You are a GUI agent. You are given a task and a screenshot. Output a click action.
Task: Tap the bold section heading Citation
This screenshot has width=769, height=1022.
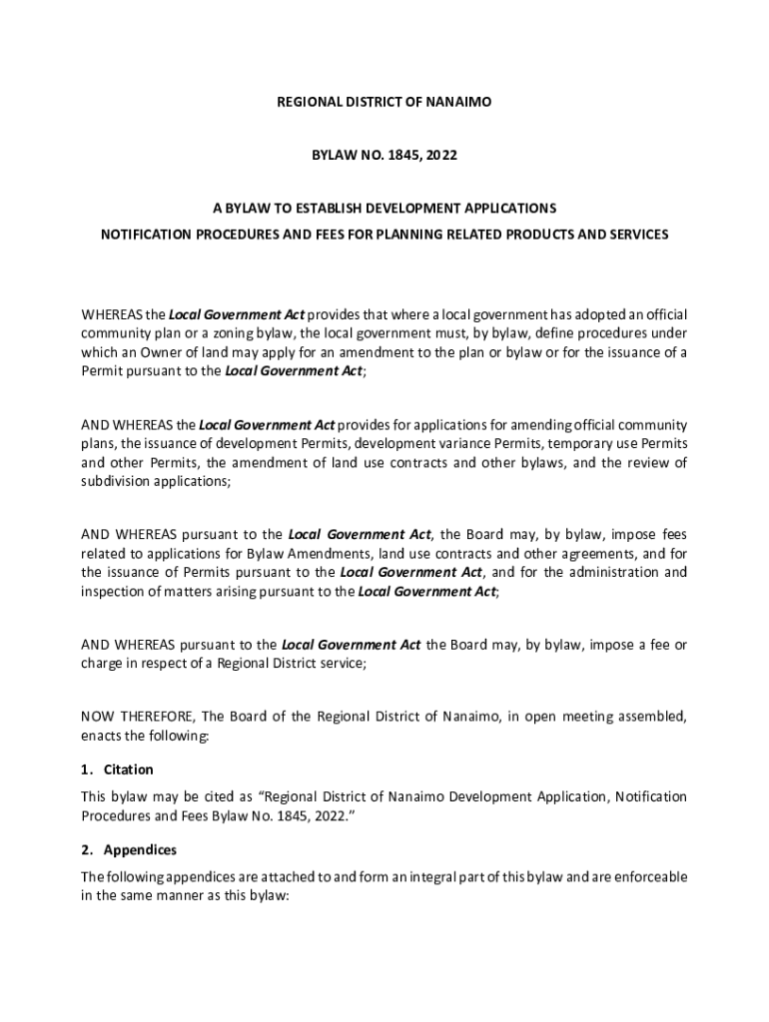point(129,770)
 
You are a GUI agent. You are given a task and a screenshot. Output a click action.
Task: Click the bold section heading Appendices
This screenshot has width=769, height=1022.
point(140,850)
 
